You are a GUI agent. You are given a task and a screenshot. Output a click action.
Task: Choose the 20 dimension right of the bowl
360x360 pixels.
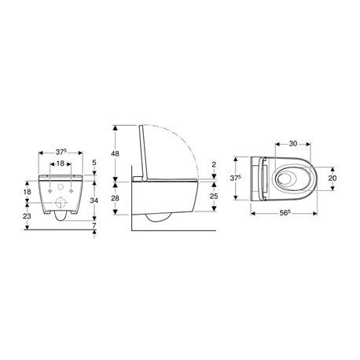(x=332, y=178)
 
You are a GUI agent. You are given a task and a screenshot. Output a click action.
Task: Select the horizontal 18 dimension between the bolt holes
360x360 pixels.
(x=60, y=163)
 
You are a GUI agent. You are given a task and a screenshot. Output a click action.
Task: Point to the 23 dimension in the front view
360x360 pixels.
(x=28, y=215)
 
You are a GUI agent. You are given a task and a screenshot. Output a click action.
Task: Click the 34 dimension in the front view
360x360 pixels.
(x=94, y=200)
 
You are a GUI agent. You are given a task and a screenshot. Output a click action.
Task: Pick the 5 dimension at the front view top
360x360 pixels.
(x=94, y=163)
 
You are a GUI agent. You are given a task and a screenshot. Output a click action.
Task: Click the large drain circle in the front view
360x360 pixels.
(x=60, y=207)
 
